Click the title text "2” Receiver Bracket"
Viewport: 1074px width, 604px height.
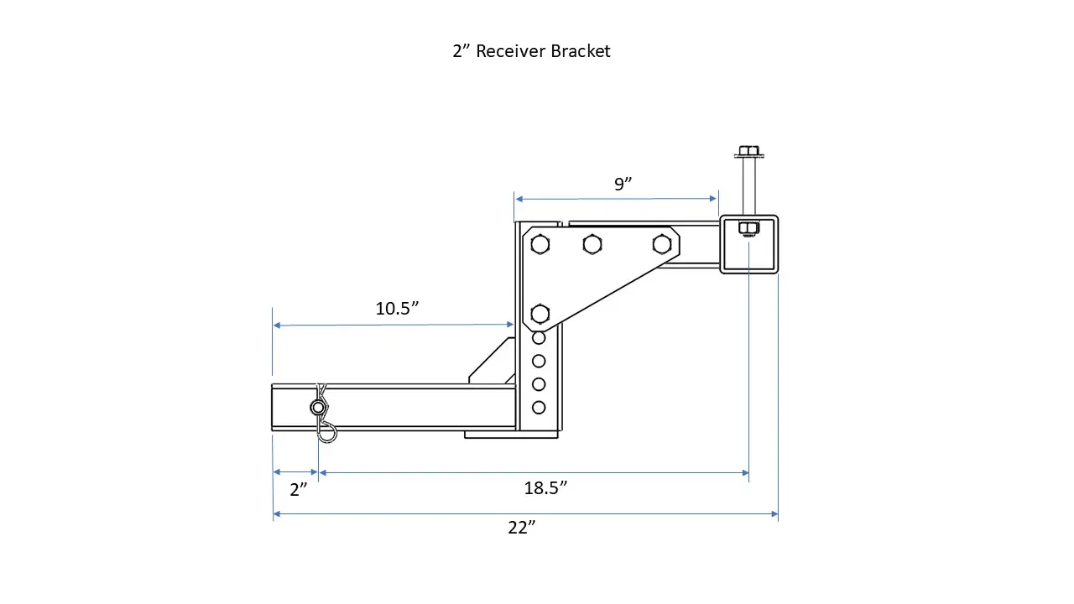click(x=531, y=51)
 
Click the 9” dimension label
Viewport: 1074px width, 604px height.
click(x=622, y=185)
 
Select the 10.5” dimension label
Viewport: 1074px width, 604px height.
click(x=397, y=309)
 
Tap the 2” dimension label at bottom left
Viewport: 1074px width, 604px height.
click(x=299, y=490)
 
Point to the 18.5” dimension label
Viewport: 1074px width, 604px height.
click(x=545, y=488)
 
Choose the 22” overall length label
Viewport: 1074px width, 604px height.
click(x=521, y=528)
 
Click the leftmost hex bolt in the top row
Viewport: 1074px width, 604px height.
click(x=540, y=245)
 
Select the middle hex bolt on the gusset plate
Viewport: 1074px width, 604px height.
click(x=592, y=244)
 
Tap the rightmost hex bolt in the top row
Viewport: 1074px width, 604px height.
click(x=662, y=244)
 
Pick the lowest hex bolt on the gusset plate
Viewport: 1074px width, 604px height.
click(x=540, y=314)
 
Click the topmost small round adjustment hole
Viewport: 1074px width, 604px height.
click(x=539, y=338)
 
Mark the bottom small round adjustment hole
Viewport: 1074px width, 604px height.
click(x=539, y=408)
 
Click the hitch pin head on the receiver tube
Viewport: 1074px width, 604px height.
click(x=318, y=409)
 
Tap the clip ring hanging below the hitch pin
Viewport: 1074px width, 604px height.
click(x=326, y=432)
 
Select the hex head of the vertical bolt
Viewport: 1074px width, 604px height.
click(x=748, y=153)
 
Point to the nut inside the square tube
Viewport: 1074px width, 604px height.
click(x=748, y=228)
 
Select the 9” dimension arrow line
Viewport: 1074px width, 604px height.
click(x=616, y=199)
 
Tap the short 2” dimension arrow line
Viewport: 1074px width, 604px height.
click(x=295, y=473)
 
